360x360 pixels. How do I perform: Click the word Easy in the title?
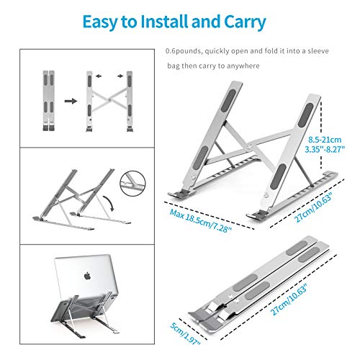tap(102, 22)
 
